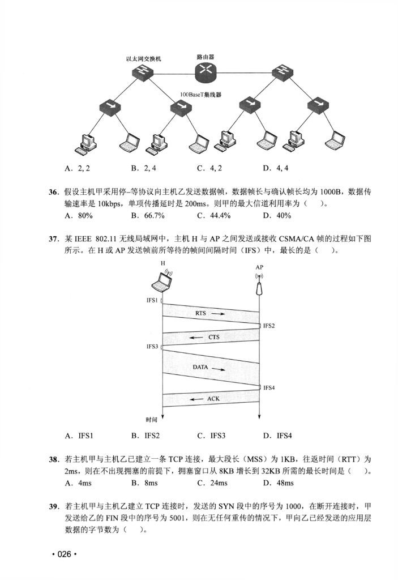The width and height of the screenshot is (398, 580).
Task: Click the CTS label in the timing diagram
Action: tap(213, 338)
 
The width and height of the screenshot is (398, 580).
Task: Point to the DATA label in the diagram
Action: tap(200, 367)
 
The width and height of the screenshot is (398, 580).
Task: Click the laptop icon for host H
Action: tap(164, 280)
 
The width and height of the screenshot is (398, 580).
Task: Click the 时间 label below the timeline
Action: tap(152, 420)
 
